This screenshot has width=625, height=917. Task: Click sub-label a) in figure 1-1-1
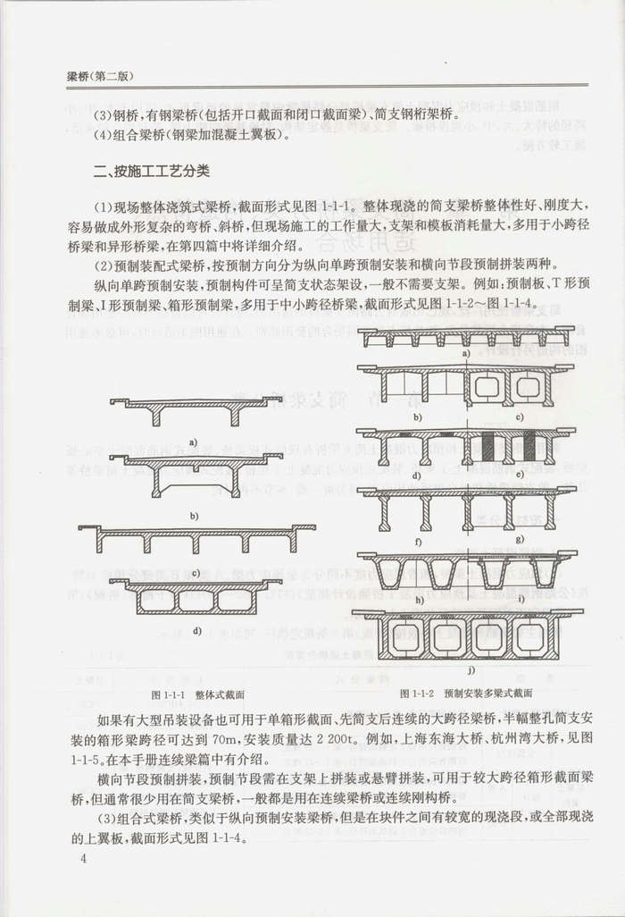(x=192, y=441)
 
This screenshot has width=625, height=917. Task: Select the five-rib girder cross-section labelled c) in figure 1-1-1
(x=196, y=540)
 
